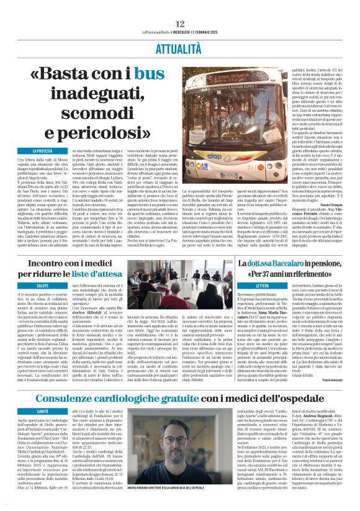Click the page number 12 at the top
[179, 6]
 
